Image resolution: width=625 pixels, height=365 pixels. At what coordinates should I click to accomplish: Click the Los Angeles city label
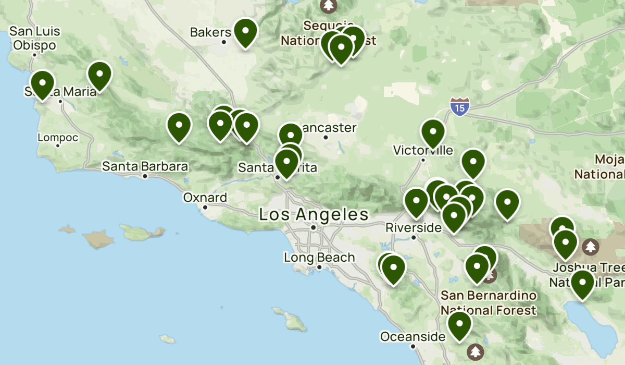click(x=314, y=214)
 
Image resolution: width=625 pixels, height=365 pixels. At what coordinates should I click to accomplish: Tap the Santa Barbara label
click(x=145, y=167)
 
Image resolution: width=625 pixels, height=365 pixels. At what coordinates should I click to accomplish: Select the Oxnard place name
click(x=205, y=198)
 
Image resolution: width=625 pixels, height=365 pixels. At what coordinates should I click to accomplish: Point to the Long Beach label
click(x=319, y=258)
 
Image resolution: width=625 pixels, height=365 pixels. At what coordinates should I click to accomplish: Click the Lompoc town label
click(x=58, y=138)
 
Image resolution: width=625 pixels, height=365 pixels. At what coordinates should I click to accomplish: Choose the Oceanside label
click(x=413, y=337)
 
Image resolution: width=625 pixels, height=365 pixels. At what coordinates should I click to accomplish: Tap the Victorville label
click(x=423, y=151)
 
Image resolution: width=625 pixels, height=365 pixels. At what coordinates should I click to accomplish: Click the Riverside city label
click(x=414, y=228)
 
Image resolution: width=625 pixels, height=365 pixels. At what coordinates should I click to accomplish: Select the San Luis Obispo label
click(x=34, y=39)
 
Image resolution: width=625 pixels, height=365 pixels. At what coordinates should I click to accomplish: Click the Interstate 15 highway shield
click(x=460, y=106)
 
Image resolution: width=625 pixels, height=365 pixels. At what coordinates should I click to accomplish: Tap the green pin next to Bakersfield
click(x=245, y=32)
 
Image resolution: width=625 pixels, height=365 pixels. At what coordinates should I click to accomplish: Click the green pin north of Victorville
click(x=433, y=133)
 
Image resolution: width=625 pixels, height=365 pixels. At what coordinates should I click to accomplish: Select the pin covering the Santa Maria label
click(x=42, y=84)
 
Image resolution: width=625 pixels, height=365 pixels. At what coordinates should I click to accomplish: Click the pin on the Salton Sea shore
click(x=582, y=284)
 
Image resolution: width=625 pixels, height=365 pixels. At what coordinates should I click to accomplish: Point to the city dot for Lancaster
click(x=326, y=138)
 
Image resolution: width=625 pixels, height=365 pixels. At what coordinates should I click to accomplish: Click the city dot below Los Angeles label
click(x=314, y=227)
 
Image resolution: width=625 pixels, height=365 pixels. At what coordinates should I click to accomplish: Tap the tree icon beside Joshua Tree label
click(x=591, y=245)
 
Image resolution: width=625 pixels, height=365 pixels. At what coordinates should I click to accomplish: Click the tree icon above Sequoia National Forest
click(x=328, y=5)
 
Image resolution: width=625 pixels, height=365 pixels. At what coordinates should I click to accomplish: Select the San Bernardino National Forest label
click(x=488, y=302)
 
